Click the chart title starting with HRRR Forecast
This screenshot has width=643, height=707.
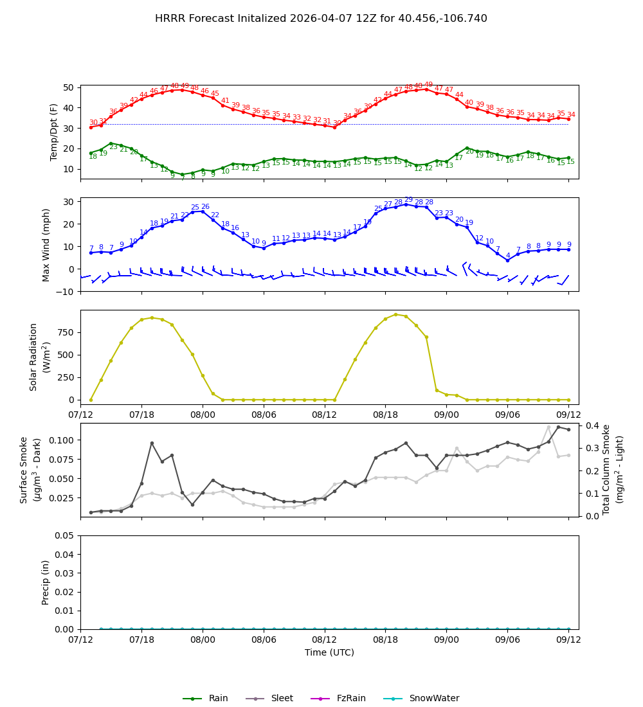(x=321, y=19)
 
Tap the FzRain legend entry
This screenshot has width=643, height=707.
(x=345, y=699)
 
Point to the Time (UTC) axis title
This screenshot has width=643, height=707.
(x=329, y=652)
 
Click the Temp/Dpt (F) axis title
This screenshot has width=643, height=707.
(x=54, y=132)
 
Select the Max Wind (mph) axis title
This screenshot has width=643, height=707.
(x=46, y=244)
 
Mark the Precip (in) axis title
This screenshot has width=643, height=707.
(x=46, y=582)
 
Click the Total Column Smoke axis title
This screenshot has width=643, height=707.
(x=613, y=469)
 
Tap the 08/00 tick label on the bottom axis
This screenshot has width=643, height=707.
(x=203, y=640)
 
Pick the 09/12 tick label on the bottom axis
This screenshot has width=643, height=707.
(x=568, y=640)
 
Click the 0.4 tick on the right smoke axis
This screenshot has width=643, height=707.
(x=590, y=425)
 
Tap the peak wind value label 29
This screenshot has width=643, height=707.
(x=408, y=200)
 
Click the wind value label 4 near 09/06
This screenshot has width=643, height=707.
(x=507, y=255)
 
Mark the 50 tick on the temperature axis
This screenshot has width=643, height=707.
(x=68, y=87)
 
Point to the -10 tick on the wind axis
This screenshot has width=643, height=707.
(x=66, y=291)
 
